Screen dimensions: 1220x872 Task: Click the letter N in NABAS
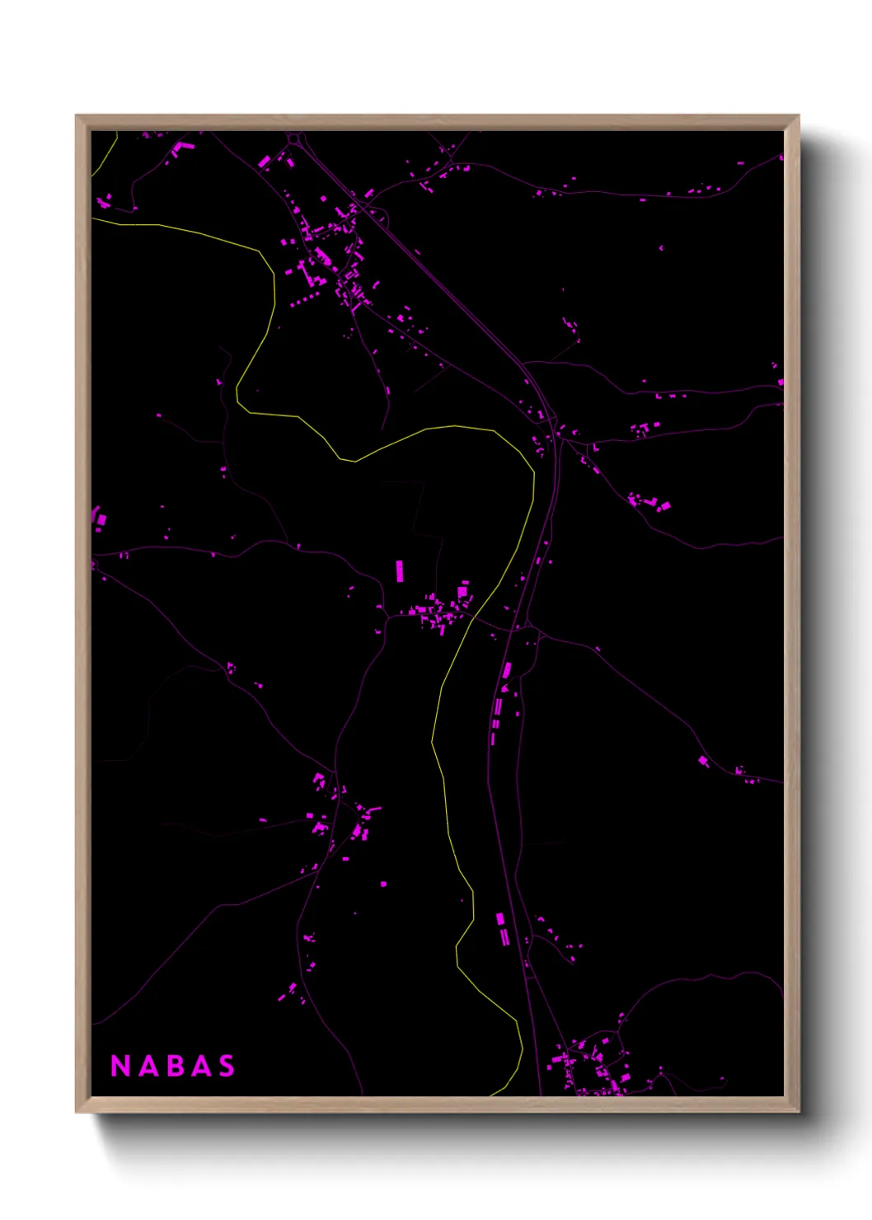pos(120,1066)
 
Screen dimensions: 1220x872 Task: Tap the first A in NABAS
pos(148,1066)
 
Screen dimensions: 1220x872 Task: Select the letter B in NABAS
pos(176,1066)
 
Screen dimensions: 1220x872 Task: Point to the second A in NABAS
pos(201,1066)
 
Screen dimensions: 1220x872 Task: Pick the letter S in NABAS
pos(227,1066)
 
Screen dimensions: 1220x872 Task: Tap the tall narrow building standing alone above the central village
pos(401,570)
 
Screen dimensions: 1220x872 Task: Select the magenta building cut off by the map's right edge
pos(781,382)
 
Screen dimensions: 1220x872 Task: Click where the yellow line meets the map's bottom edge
pos(493,1095)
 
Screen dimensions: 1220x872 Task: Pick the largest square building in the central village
pos(463,591)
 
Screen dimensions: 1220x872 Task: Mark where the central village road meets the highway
pos(519,628)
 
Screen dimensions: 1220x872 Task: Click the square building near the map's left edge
pos(101,519)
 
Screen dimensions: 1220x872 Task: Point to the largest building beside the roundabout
pos(265,161)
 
